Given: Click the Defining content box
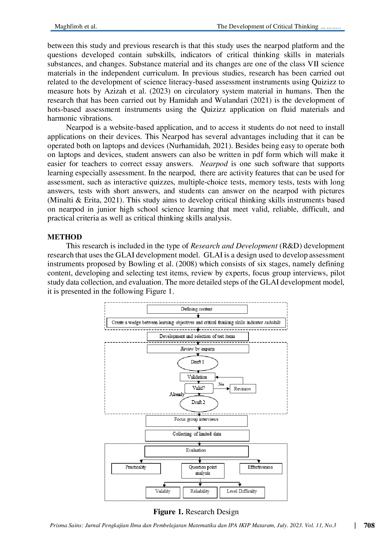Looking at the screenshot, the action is (197, 309).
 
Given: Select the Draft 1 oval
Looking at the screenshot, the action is (198, 363).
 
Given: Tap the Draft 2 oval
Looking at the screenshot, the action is (199, 404).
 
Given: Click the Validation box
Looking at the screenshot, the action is (198, 377).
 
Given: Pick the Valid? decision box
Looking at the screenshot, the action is (199, 388).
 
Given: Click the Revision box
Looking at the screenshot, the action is (243, 389).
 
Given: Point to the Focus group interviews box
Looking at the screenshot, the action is (197, 421).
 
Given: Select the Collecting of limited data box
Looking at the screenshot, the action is (197, 436).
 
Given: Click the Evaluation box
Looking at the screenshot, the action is (197, 451).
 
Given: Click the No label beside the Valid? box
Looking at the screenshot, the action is (221, 384).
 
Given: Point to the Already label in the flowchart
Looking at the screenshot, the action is (177, 394).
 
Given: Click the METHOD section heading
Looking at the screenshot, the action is (65, 237).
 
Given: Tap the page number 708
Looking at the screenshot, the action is (369, 525).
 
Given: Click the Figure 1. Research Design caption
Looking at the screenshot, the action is (196, 512).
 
